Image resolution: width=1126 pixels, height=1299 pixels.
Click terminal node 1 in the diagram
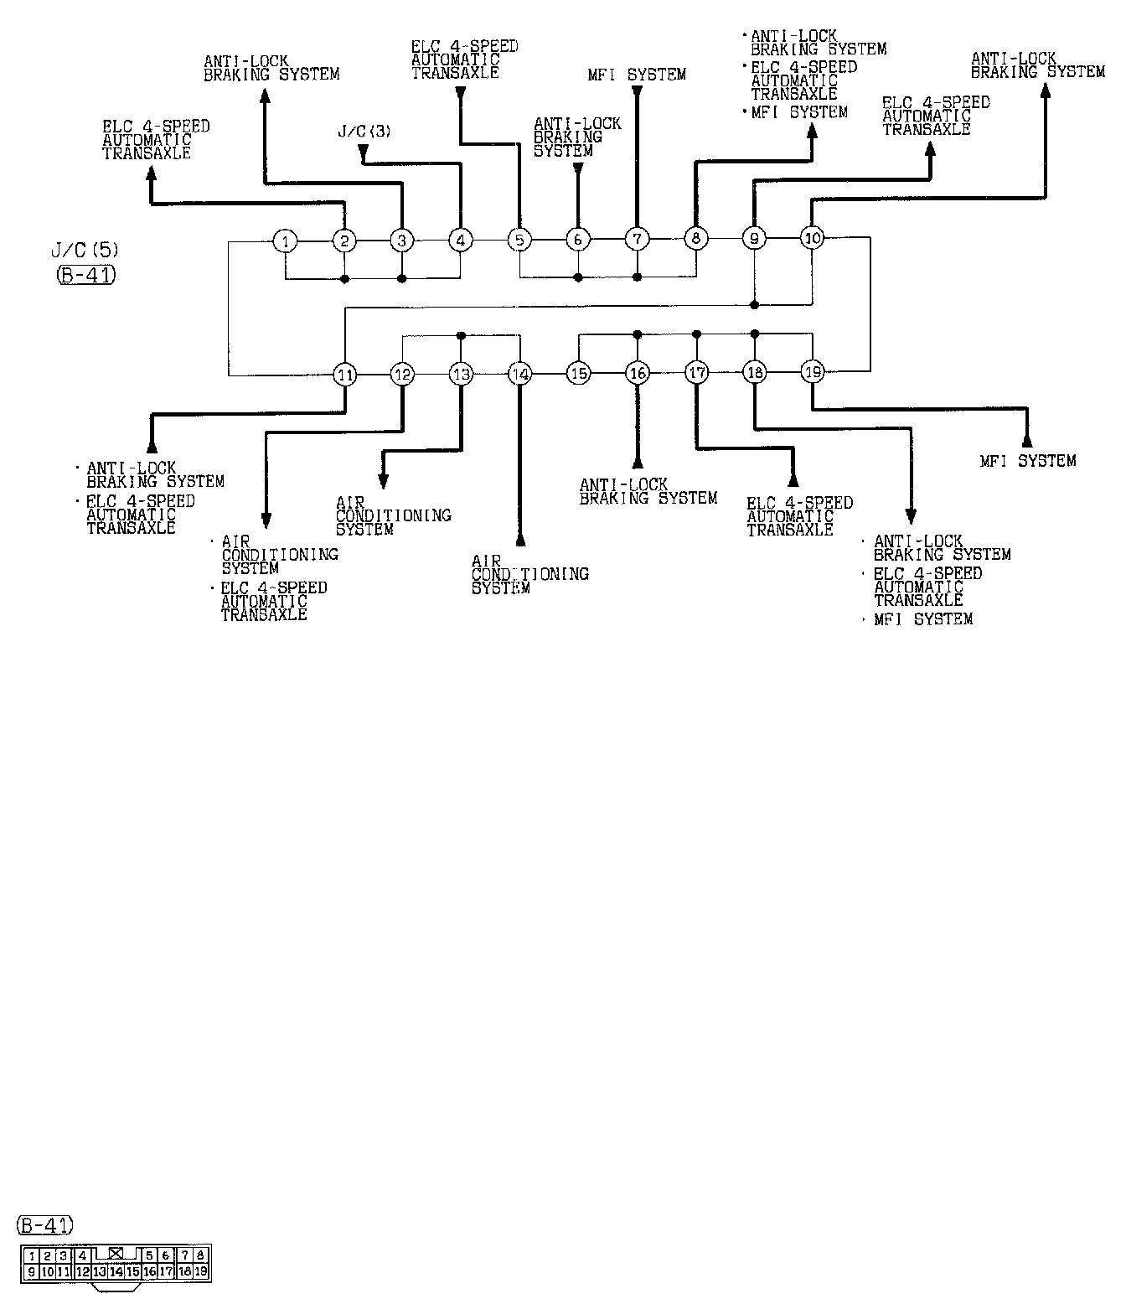click(x=286, y=241)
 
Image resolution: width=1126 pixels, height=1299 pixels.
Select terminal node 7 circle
click(x=637, y=240)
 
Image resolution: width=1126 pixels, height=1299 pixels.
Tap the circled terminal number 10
click(x=812, y=238)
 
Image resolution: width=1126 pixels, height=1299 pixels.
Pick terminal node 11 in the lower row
click(x=345, y=375)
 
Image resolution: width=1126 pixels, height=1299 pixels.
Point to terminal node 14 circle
click(x=520, y=374)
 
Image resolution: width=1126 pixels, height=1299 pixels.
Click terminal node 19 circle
click(x=813, y=371)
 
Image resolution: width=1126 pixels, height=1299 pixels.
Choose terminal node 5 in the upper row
click(x=519, y=241)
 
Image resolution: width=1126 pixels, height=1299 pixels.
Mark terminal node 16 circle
click(x=638, y=373)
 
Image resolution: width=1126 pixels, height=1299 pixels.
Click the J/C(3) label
click(x=364, y=131)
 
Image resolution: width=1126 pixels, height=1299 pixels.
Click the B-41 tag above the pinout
click(x=44, y=1225)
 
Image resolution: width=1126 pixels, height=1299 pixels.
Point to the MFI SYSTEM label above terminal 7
click(x=637, y=75)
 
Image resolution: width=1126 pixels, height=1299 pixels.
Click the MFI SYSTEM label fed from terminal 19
click(x=1027, y=460)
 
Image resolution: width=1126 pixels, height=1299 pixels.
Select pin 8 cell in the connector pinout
click(x=200, y=1255)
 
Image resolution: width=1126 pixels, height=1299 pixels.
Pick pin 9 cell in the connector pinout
click(x=31, y=1271)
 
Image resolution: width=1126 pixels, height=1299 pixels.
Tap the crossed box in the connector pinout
click(x=116, y=1254)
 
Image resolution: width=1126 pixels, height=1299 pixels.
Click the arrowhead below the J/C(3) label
click(x=363, y=151)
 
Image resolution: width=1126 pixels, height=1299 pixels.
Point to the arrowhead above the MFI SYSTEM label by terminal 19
click(x=1027, y=442)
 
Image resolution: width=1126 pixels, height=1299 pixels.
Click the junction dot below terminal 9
click(x=754, y=303)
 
